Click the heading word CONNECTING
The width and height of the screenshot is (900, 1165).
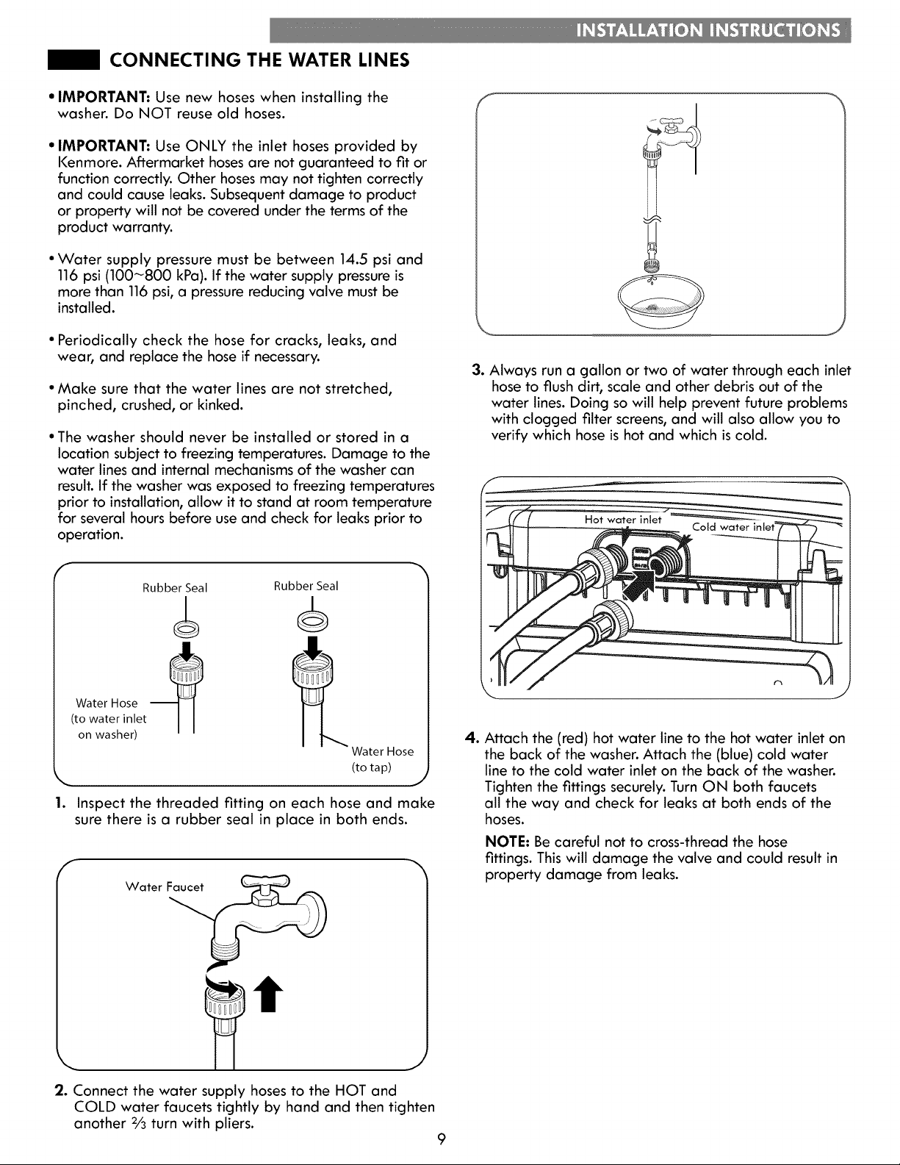tap(173, 60)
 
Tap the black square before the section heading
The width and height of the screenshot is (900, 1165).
tap(73, 60)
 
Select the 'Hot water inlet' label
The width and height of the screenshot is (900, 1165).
tap(623, 520)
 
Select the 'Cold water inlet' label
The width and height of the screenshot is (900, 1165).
tap(733, 527)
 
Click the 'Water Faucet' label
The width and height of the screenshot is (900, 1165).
tap(165, 886)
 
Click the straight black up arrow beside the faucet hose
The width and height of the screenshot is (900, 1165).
tap(268, 994)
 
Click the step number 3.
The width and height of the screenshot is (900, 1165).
tap(478, 370)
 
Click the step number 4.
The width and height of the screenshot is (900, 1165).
tap(471, 738)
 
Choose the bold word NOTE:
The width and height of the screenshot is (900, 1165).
tap(507, 842)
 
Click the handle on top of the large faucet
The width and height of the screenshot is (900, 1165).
tap(265, 881)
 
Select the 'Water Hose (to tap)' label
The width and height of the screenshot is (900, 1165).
tap(382, 759)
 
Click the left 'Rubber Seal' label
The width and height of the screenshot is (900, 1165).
tap(175, 588)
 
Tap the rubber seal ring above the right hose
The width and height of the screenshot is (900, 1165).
tap(313, 622)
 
